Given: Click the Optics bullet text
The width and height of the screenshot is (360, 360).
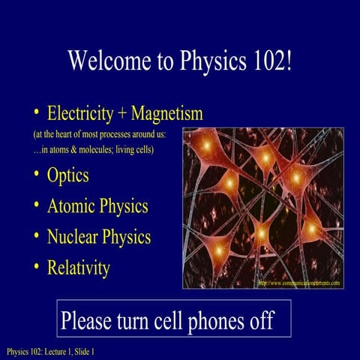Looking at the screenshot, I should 68,175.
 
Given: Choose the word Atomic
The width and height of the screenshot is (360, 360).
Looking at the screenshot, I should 73,206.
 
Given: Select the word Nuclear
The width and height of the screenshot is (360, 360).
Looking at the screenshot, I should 76,237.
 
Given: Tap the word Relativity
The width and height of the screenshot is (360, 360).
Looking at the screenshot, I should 79,267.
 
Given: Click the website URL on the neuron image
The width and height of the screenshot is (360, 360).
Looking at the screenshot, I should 298,283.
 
